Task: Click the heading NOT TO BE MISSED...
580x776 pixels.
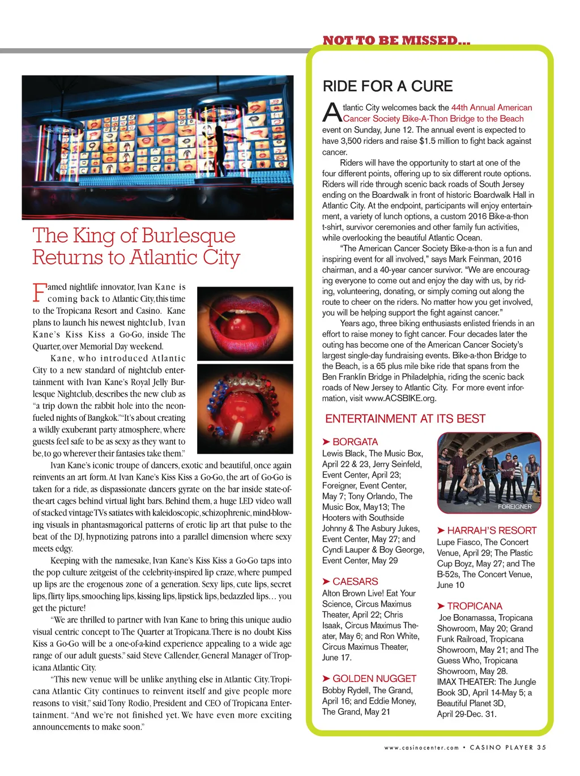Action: [396, 40]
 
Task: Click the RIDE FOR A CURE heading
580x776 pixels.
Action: [387, 87]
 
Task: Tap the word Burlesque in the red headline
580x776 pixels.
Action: [188, 235]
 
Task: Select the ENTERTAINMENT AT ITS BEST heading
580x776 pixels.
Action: [405, 419]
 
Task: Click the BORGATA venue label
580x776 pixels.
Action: [355, 442]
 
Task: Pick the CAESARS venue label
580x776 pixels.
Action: [355, 582]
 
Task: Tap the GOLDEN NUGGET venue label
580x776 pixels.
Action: [374, 679]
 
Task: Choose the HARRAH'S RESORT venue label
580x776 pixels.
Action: [492, 530]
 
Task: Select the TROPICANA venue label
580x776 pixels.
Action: [475, 606]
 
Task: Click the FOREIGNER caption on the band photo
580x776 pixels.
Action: [514, 506]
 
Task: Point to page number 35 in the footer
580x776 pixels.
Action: [541, 747]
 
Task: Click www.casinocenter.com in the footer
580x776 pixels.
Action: [421, 748]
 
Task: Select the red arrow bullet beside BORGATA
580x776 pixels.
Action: [326, 442]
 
